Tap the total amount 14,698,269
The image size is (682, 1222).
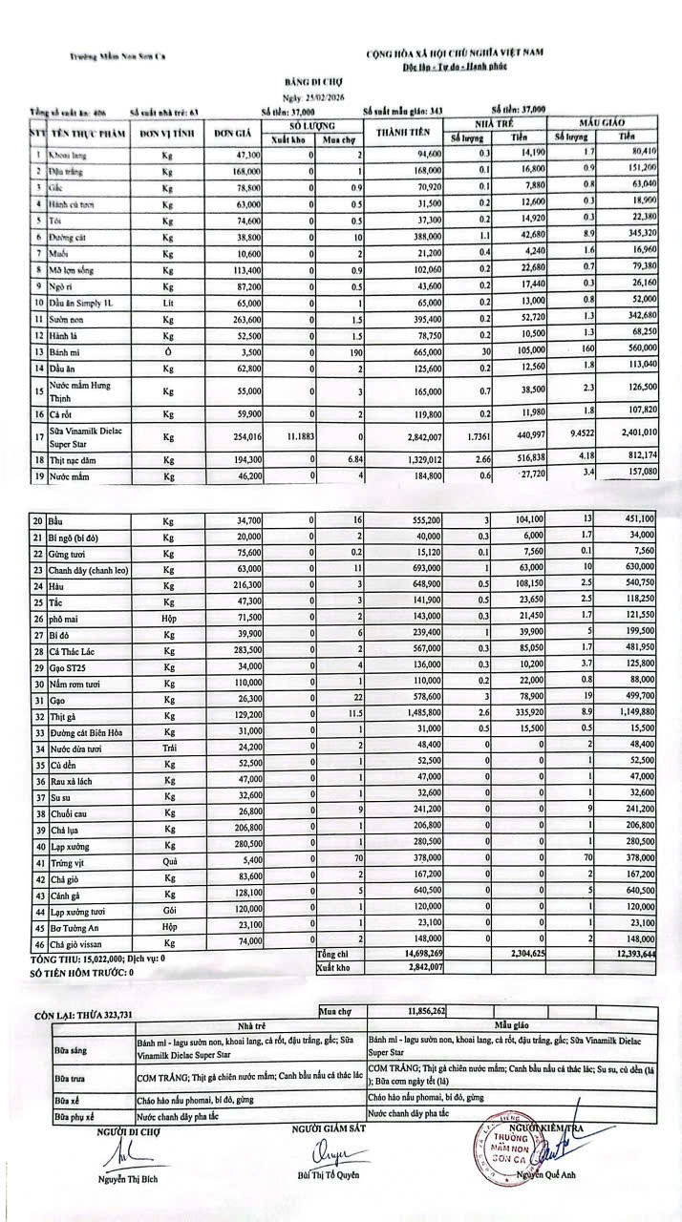pos(413,955)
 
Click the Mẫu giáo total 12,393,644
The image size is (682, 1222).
pos(628,955)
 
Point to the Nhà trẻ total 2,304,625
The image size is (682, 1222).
pos(519,955)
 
